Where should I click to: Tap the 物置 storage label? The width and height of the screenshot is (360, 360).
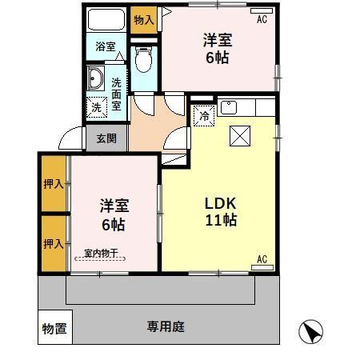click(54, 328)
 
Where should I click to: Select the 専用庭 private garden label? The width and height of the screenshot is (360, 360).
click(166, 326)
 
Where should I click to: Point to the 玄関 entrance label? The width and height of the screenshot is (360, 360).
click(106, 138)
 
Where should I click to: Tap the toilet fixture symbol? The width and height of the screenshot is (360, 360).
click(144, 60)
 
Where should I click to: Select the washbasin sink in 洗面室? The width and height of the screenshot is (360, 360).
click(96, 79)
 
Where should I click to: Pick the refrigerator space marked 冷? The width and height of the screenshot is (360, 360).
click(204, 115)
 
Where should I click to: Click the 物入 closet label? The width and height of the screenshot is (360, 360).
click(144, 19)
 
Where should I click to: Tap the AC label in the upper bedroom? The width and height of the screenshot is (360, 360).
click(262, 20)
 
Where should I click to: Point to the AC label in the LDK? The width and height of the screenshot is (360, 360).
click(262, 258)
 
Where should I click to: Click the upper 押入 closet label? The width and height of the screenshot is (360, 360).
click(53, 184)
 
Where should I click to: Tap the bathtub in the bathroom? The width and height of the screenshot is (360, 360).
click(105, 19)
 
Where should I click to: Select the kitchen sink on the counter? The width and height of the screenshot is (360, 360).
click(227, 106)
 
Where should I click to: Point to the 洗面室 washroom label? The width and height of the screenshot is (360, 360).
click(116, 94)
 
